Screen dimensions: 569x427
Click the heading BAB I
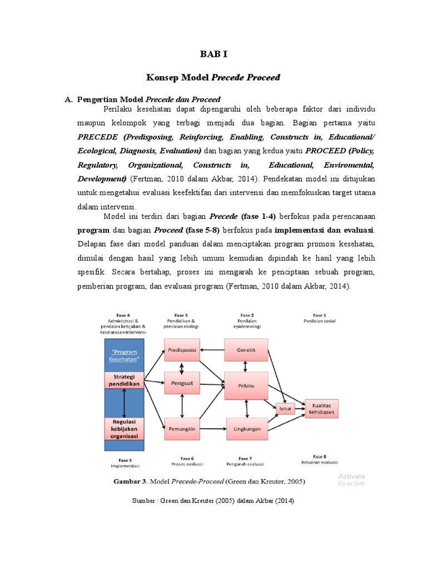click(213, 54)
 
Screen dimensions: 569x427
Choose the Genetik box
click(246, 350)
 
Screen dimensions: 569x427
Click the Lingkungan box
click(246, 428)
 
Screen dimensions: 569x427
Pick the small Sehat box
click(285, 408)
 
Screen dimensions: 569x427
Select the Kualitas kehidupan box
click(321, 408)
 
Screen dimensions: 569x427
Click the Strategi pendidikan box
click(125, 381)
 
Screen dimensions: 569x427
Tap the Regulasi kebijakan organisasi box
click(125, 429)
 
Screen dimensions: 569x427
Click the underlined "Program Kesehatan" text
click(125, 356)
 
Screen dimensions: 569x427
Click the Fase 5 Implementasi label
click(125, 462)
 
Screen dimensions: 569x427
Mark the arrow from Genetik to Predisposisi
click(212, 350)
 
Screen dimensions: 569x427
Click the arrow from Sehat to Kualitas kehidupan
click(299, 408)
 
